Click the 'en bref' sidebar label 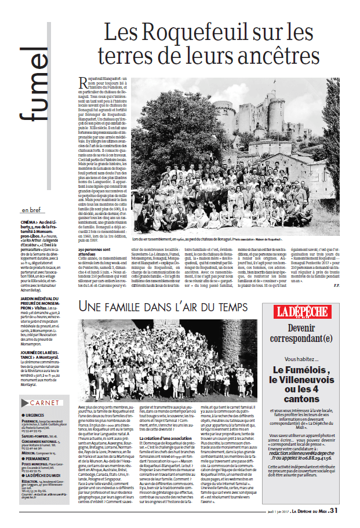point(32,210)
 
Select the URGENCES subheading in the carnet point(35,399)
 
